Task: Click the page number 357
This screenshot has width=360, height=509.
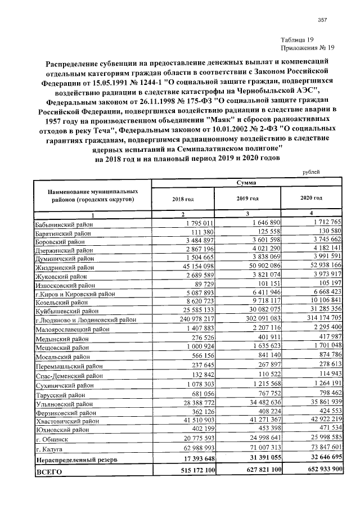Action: (x=323, y=20)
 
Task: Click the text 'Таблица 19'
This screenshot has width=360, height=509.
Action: (x=296, y=39)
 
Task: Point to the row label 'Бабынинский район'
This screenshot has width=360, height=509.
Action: (x=64, y=225)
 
